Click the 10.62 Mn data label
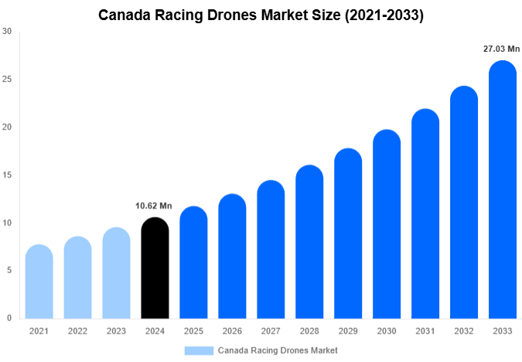(155, 206)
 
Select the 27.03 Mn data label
(502, 49)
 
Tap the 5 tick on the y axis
(9, 271)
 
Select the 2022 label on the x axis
(77, 331)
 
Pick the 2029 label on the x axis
(348, 331)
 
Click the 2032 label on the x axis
(464, 331)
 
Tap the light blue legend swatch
(199, 350)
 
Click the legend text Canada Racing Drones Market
(278, 350)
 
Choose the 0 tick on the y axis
(9, 318)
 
